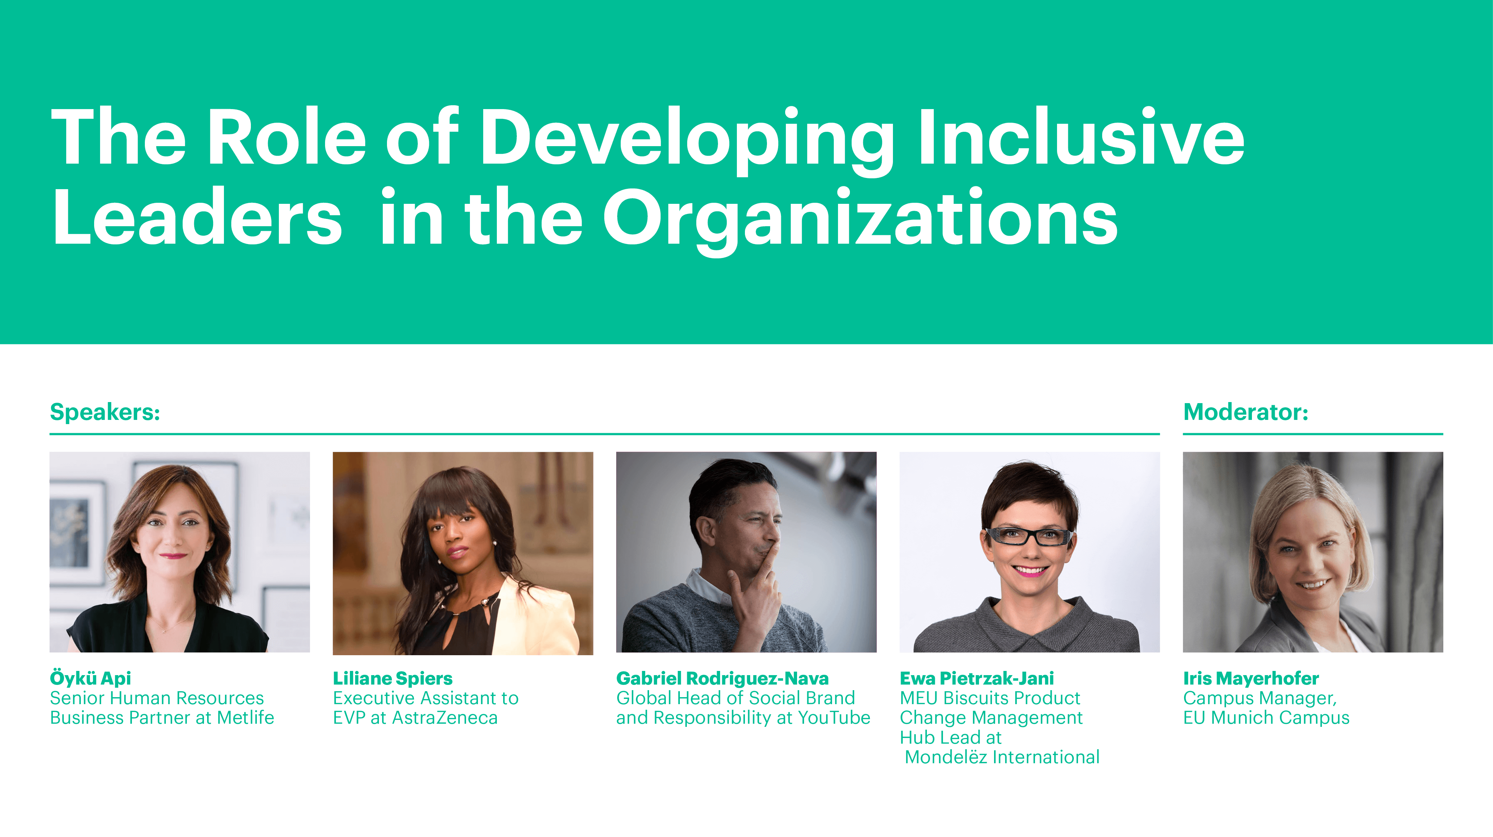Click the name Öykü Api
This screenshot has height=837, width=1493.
tap(90, 678)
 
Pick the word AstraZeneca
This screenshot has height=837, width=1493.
tap(444, 718)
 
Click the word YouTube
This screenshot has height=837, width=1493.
tap(834, 718)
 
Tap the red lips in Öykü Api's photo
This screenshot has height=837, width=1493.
tap(173, 556)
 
